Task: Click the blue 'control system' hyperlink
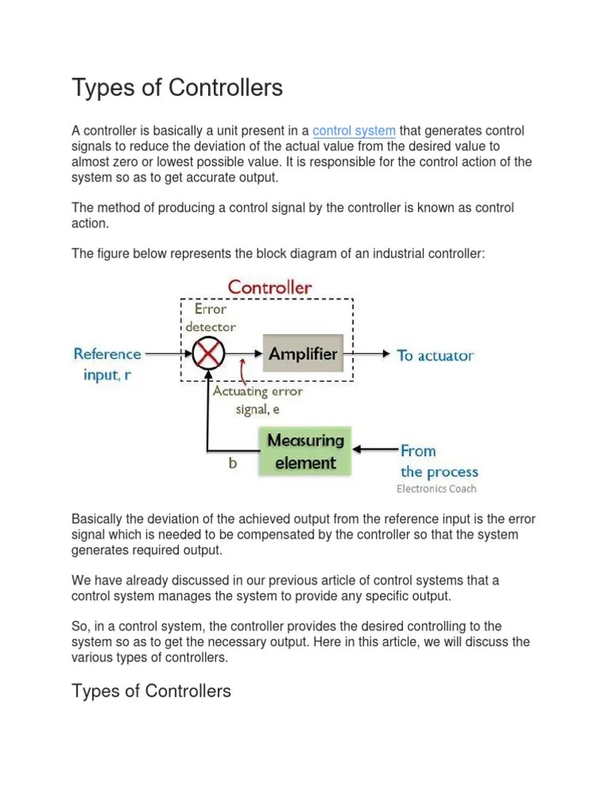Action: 354,131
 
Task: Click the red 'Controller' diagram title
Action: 269,287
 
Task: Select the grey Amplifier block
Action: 302,354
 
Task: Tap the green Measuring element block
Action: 306,451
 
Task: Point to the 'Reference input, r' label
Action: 108,364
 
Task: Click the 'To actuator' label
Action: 435,356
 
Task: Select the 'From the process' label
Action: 438,461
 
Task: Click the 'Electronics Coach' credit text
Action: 436,489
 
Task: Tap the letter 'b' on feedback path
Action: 233,464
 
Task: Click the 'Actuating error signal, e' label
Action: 257,400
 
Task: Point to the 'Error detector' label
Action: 211,317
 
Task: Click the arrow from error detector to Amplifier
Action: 241,355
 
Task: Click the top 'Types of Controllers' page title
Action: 177,88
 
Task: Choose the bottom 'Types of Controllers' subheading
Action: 151,691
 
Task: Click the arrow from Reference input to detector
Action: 169,355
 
